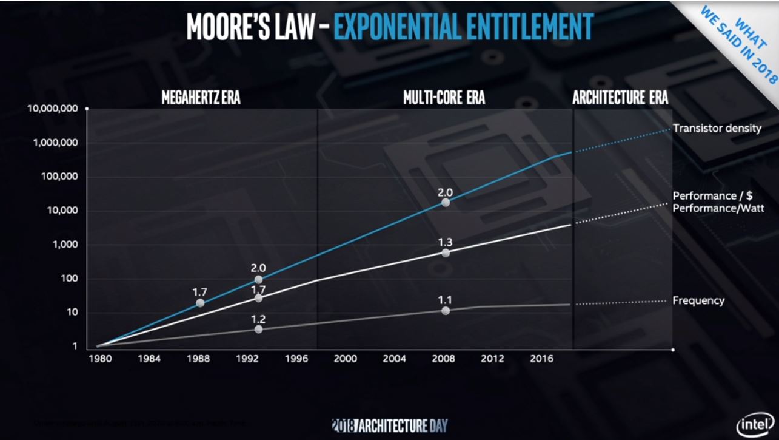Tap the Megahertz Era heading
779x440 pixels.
tap(201, 97)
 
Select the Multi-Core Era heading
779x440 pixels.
tap(444, 97)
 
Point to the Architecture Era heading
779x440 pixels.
tap(620, 97)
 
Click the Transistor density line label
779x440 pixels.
tap(717, 128)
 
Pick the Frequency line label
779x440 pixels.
tap(698, 300)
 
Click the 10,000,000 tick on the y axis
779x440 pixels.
tap(53, 109)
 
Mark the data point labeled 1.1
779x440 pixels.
tap(446, 310)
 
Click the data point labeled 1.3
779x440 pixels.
tap(446, 252)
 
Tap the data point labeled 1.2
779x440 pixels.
tap(259, 329)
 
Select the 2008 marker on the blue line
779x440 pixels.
tap(446, 202)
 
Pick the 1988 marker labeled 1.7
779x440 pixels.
tap(200, 303)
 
